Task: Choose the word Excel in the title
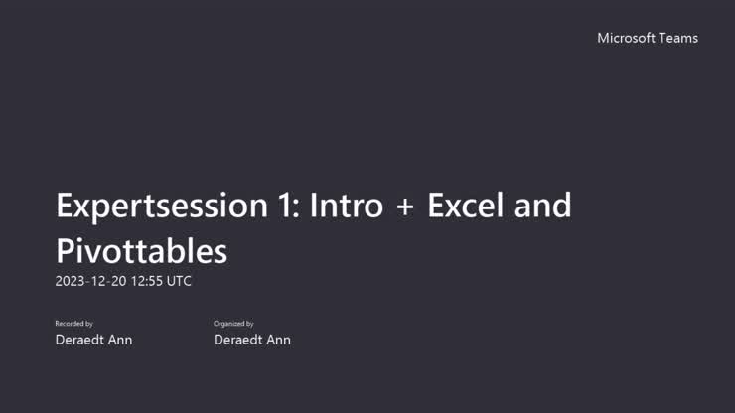(463, 206)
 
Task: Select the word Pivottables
(141, 250)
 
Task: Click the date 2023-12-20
(91, 281)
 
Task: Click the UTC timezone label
(179, 281)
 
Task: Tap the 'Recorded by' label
(73, 324)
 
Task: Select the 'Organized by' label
(233, 324)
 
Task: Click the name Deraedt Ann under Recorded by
(93, 340)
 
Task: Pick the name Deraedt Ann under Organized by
(252, 340)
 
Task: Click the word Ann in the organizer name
(277, 340)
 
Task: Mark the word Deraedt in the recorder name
(79, 340)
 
